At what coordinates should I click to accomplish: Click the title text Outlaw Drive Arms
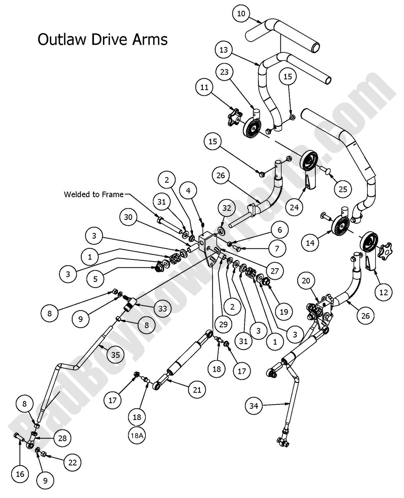[x=102, y=40]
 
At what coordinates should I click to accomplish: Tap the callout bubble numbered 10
[x=241, y=14]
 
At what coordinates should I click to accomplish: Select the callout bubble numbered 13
[x=224, y=50]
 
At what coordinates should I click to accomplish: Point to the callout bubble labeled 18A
[x=137, y=435]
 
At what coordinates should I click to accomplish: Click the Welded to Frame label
[x=94, y=194]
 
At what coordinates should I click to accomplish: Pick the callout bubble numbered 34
[x=254, y=406]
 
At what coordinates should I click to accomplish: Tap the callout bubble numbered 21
[x=197, y=389]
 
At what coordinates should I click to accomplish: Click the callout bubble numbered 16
[x=20, y=474]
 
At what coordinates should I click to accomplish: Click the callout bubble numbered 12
[x=383, y=292]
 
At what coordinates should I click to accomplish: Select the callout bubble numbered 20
[x=306, y=281]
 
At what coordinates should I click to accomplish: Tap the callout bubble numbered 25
[x=343, y=189]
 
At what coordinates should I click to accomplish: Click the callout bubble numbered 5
[x=95, y=279]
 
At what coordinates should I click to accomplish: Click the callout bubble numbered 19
[x=284, y=312]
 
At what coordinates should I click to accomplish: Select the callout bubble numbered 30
[x=128, y=217]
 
